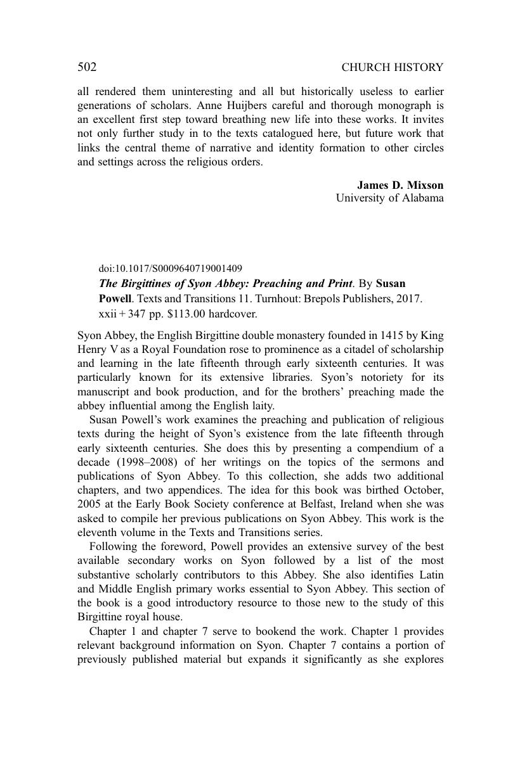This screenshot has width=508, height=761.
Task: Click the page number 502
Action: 87,67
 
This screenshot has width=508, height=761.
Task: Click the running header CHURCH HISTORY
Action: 392,67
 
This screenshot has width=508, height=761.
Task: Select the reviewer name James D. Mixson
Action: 400,185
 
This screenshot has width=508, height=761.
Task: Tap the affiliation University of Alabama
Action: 389,198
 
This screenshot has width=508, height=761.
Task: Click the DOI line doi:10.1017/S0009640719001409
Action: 170,269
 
